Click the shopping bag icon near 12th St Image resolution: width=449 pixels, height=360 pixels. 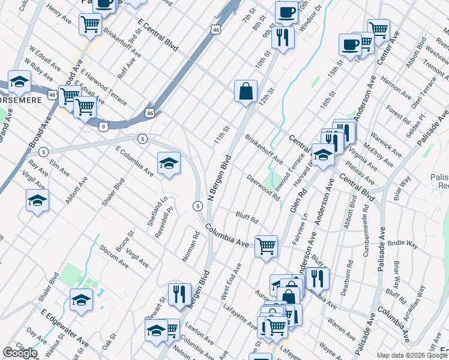[246, 92]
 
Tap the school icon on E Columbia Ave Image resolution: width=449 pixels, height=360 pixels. [169, 163]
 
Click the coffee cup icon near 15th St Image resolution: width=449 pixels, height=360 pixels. [350, 44]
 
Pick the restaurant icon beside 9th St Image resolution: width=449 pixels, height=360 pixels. [282, 37]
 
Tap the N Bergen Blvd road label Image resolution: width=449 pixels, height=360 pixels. [220, 179]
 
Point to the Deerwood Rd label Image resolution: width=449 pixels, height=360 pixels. [264, 187]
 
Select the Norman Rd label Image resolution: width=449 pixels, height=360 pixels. [191, 245]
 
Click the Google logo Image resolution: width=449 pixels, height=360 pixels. [20, 353]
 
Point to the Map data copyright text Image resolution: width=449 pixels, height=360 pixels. [410, 356]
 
